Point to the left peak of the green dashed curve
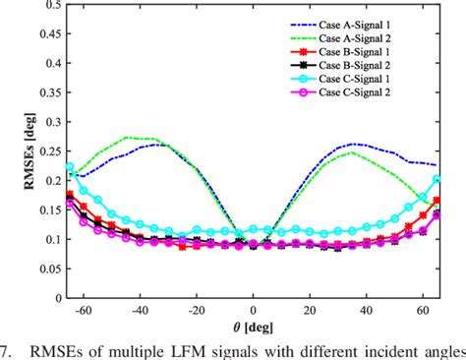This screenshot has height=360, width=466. [x=126, y=137]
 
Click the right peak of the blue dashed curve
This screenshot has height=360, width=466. [x=356, y=144]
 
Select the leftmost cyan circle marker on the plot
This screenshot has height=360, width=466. [x=69, y=168]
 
